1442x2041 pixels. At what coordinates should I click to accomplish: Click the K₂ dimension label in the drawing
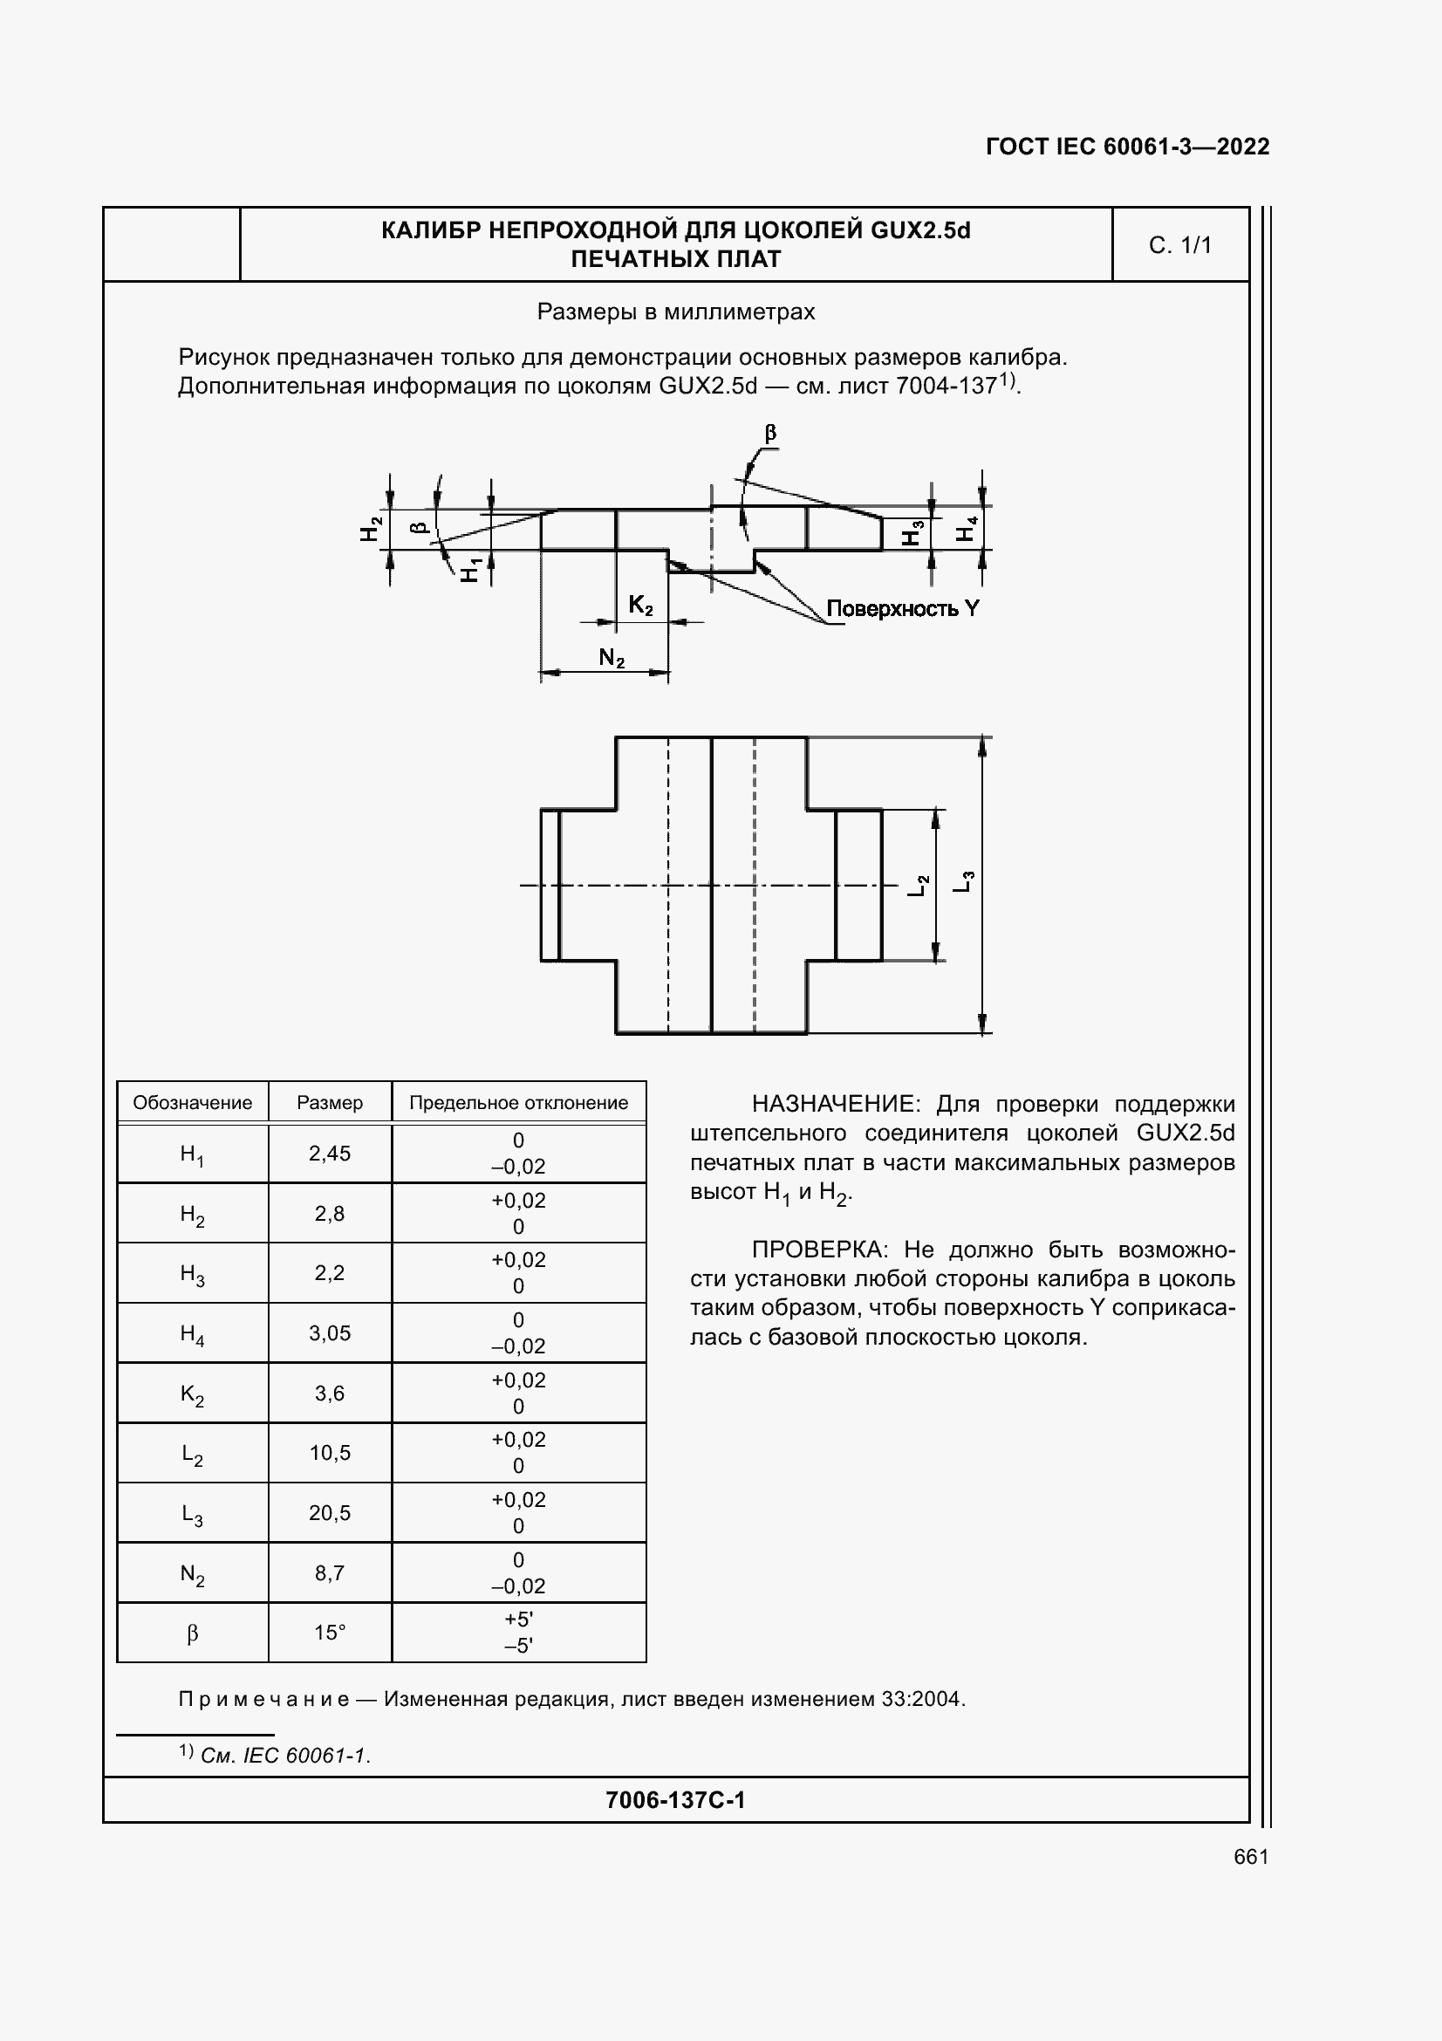tap(640, 606)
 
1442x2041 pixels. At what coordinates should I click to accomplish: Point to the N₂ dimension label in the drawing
tap(612, 658)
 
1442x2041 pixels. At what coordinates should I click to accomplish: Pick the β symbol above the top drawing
tap(770, 433)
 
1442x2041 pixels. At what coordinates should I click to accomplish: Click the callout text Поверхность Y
tap(902, 609)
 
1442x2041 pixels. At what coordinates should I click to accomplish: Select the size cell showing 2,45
tap(330, 1154)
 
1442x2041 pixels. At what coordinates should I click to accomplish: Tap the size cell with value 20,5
tap(330, 1513)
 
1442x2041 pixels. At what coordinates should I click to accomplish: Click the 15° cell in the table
tap(330, 1633)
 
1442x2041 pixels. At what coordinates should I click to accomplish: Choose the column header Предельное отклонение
tap(518, 1103)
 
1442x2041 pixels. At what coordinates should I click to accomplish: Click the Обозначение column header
tap(192, 1103)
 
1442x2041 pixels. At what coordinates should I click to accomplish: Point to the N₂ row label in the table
tap(192, 1574)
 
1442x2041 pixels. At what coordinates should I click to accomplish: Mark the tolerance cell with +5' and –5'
tap(518, 1633)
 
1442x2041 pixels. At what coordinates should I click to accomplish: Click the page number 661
tap(1251, 1857)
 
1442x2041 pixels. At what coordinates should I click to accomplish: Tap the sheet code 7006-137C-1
tap(675, 1800)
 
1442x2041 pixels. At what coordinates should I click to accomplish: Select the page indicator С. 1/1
tap(1180, 245)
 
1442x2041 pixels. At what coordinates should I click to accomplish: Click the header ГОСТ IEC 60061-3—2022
tap(1127, 147)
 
